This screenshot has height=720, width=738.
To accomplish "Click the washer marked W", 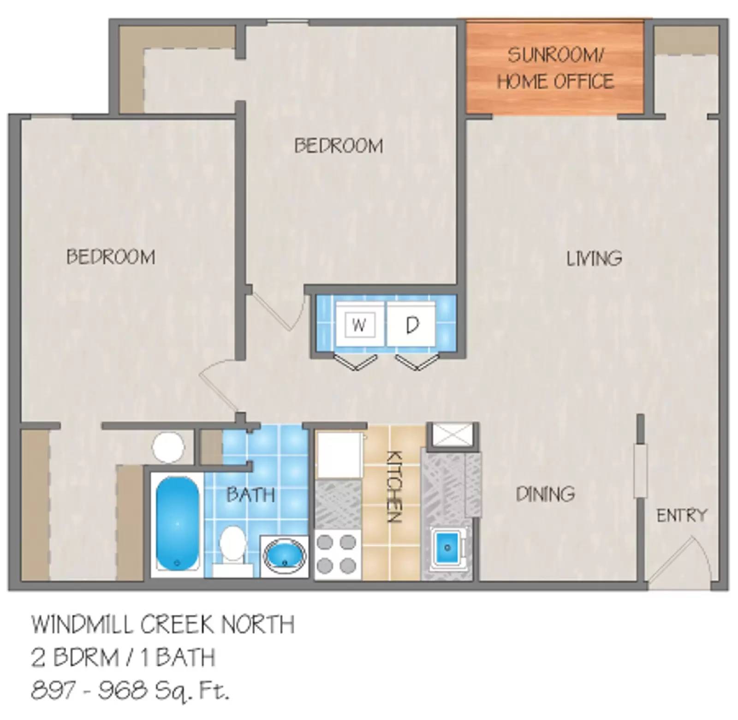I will [x=359, y=325].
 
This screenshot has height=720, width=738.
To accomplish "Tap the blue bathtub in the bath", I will [x=178, y=524].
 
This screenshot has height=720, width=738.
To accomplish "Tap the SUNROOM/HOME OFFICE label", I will [x=555, y=68].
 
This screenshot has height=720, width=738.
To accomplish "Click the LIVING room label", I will [x=594, y=258].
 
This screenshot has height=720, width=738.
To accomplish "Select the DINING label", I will [x=545, y=494].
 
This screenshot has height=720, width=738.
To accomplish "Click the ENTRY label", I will [x=681, y=515].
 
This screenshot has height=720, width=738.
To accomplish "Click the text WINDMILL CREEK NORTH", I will [x=162, y=625].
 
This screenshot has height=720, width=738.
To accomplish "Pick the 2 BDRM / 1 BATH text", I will [x=123, y=657].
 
